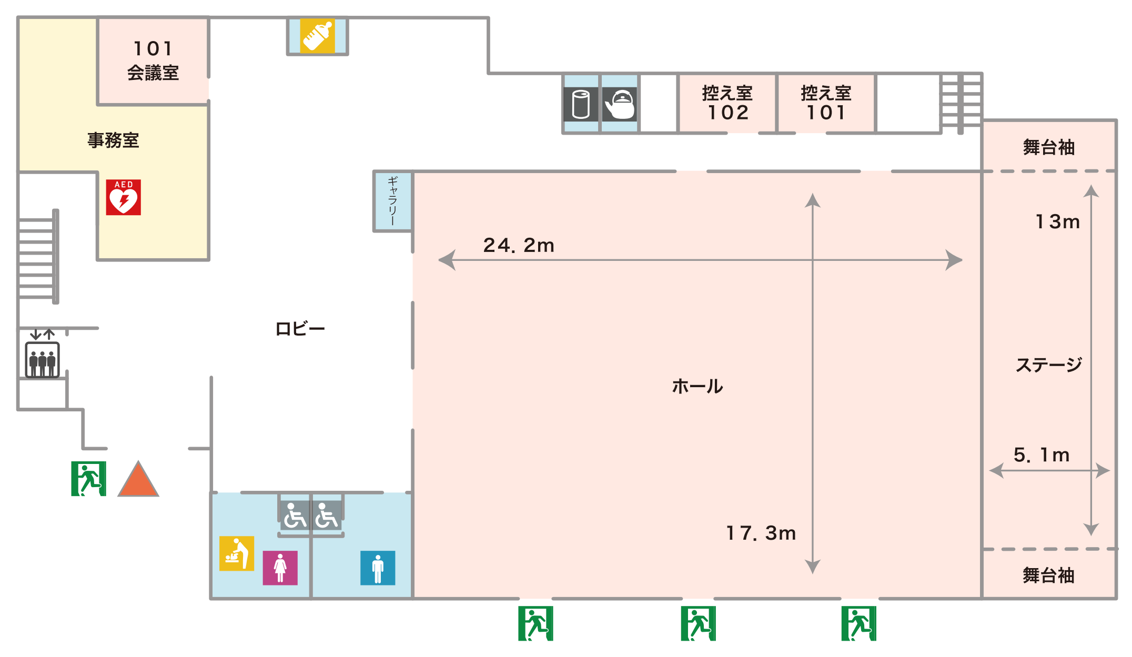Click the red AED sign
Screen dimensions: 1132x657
[123, 197]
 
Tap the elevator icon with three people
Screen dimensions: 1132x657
[42, 360]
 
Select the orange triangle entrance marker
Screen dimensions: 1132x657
[138, 479]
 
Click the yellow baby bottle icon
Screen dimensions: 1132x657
[317, 36]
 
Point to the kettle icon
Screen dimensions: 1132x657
[620, 104]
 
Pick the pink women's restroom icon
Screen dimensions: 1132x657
[280, 568]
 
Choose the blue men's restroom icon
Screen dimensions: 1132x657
[378, 568]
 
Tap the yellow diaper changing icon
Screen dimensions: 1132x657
[237, 553]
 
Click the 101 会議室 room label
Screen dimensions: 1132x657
[153, 60]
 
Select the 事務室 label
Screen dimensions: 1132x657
[113, 140]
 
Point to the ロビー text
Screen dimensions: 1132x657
[300, 329]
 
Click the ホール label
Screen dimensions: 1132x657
[698, 386]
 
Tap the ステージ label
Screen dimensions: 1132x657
[1049, 365]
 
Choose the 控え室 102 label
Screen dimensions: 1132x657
[727, 103]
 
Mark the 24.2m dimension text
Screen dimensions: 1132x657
[519, 245]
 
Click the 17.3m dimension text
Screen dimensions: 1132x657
[761, 533]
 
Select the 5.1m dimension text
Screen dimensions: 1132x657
[1042, 454]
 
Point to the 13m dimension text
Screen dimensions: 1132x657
[1057, 221]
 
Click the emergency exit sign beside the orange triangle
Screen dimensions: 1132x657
[88, 479]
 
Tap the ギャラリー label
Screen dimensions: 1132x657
[392, 201]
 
